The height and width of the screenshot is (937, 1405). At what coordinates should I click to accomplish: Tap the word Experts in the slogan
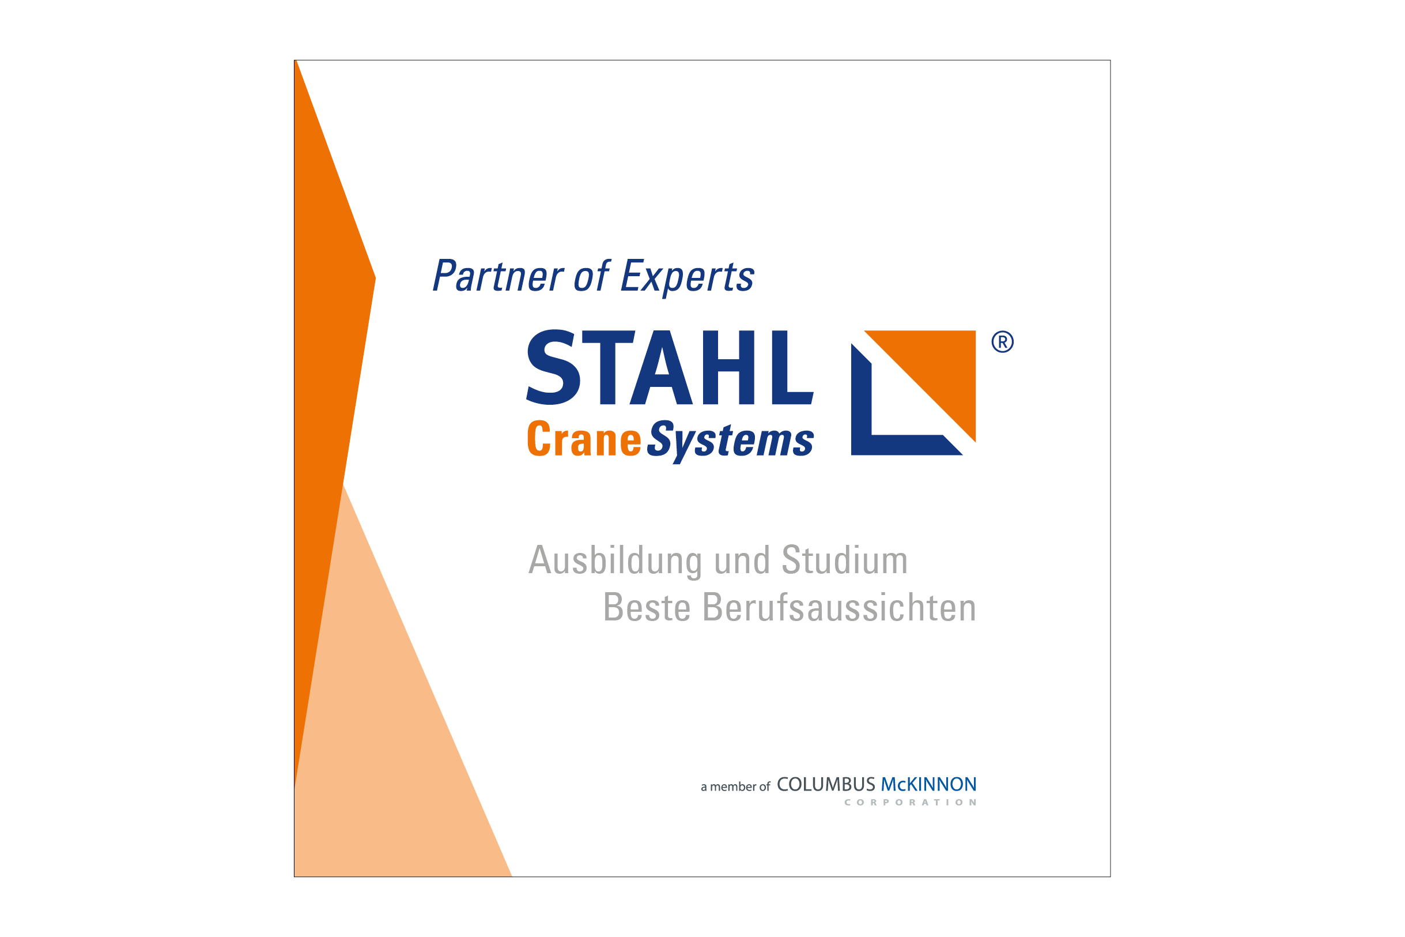click(x=688, y=277)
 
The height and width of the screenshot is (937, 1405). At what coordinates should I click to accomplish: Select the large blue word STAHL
click(x=669, y=367)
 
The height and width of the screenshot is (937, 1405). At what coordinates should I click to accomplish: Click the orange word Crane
click(x=584, y=439)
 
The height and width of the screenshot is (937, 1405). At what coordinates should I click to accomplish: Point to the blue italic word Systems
click(x=730, y=442)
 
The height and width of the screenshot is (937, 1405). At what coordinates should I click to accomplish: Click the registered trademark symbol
click(x=1003, y=342)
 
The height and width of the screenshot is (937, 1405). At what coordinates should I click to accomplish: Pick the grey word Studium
click(x=844, y=560)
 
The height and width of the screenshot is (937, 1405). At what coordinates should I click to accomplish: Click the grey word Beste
click(x=647, y=607)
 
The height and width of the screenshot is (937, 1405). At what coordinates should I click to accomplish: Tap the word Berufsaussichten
click(x=839, y=607)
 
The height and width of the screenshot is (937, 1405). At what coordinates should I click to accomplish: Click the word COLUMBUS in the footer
click(x=826, y=785)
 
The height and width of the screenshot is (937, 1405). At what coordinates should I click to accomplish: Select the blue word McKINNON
click(x=928, y=785)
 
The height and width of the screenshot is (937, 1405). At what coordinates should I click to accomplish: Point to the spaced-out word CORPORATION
click(x=911, y=803)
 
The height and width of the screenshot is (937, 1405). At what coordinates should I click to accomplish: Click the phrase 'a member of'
click(x=736, y=787)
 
